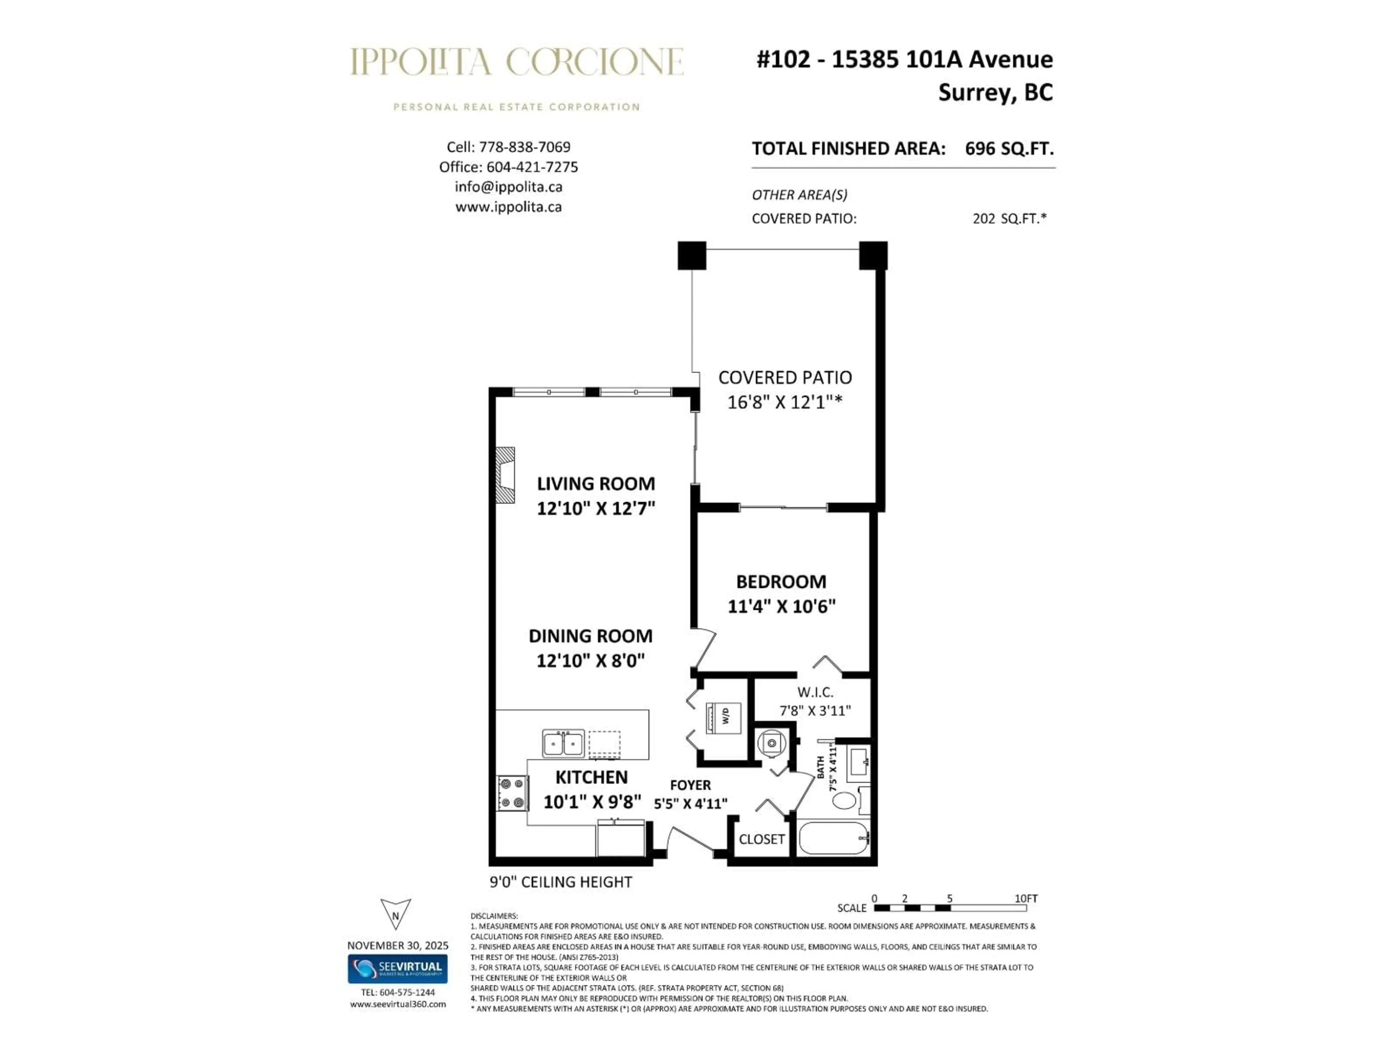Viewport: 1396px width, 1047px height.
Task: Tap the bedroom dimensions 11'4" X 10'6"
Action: click(781, 606)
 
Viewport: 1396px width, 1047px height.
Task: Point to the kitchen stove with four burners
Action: click(513, 793)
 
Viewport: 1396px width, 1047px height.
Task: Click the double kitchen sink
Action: click(563, 743)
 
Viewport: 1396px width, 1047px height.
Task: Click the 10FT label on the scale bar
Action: click(1026, 898)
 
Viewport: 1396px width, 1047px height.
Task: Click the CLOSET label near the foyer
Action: click(762, 839)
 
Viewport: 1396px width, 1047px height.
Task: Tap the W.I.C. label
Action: click(815, 692)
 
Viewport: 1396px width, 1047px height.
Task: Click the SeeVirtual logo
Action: click(398, 969)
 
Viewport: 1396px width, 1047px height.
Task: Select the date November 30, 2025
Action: click(398, 946)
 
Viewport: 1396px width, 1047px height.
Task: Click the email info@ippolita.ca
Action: click(508, 187)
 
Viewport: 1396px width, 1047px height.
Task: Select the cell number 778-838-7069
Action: click(525, 147)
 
